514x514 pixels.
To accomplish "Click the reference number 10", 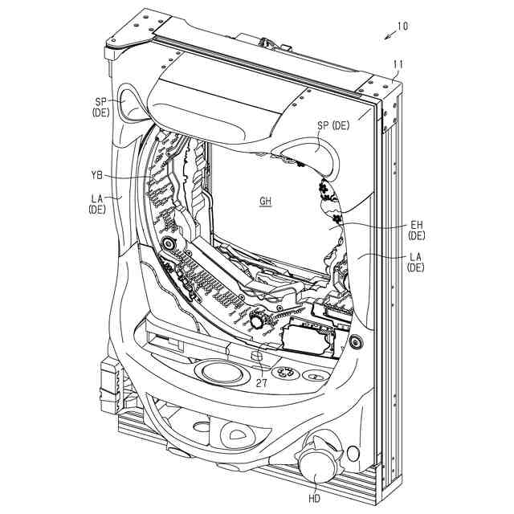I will [x=402, y=26].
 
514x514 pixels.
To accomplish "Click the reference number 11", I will [x=398, y=64].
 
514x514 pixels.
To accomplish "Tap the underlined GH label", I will [x=265, y=202].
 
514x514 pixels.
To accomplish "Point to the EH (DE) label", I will [x=416, y=230].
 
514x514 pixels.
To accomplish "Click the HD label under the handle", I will [x=313, y=499].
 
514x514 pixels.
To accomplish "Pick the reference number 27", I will [x=262, y=383].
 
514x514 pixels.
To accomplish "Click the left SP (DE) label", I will [x=100, y=107].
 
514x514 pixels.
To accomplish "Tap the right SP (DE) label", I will [x=333, y=125].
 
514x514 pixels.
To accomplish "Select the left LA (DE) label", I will [x=97, y=202].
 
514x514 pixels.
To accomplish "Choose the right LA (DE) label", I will [x=416, y=262].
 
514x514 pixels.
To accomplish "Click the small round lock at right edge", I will [x=356, y=341].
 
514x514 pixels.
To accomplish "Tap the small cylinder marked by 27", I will [x=258, y=357].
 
